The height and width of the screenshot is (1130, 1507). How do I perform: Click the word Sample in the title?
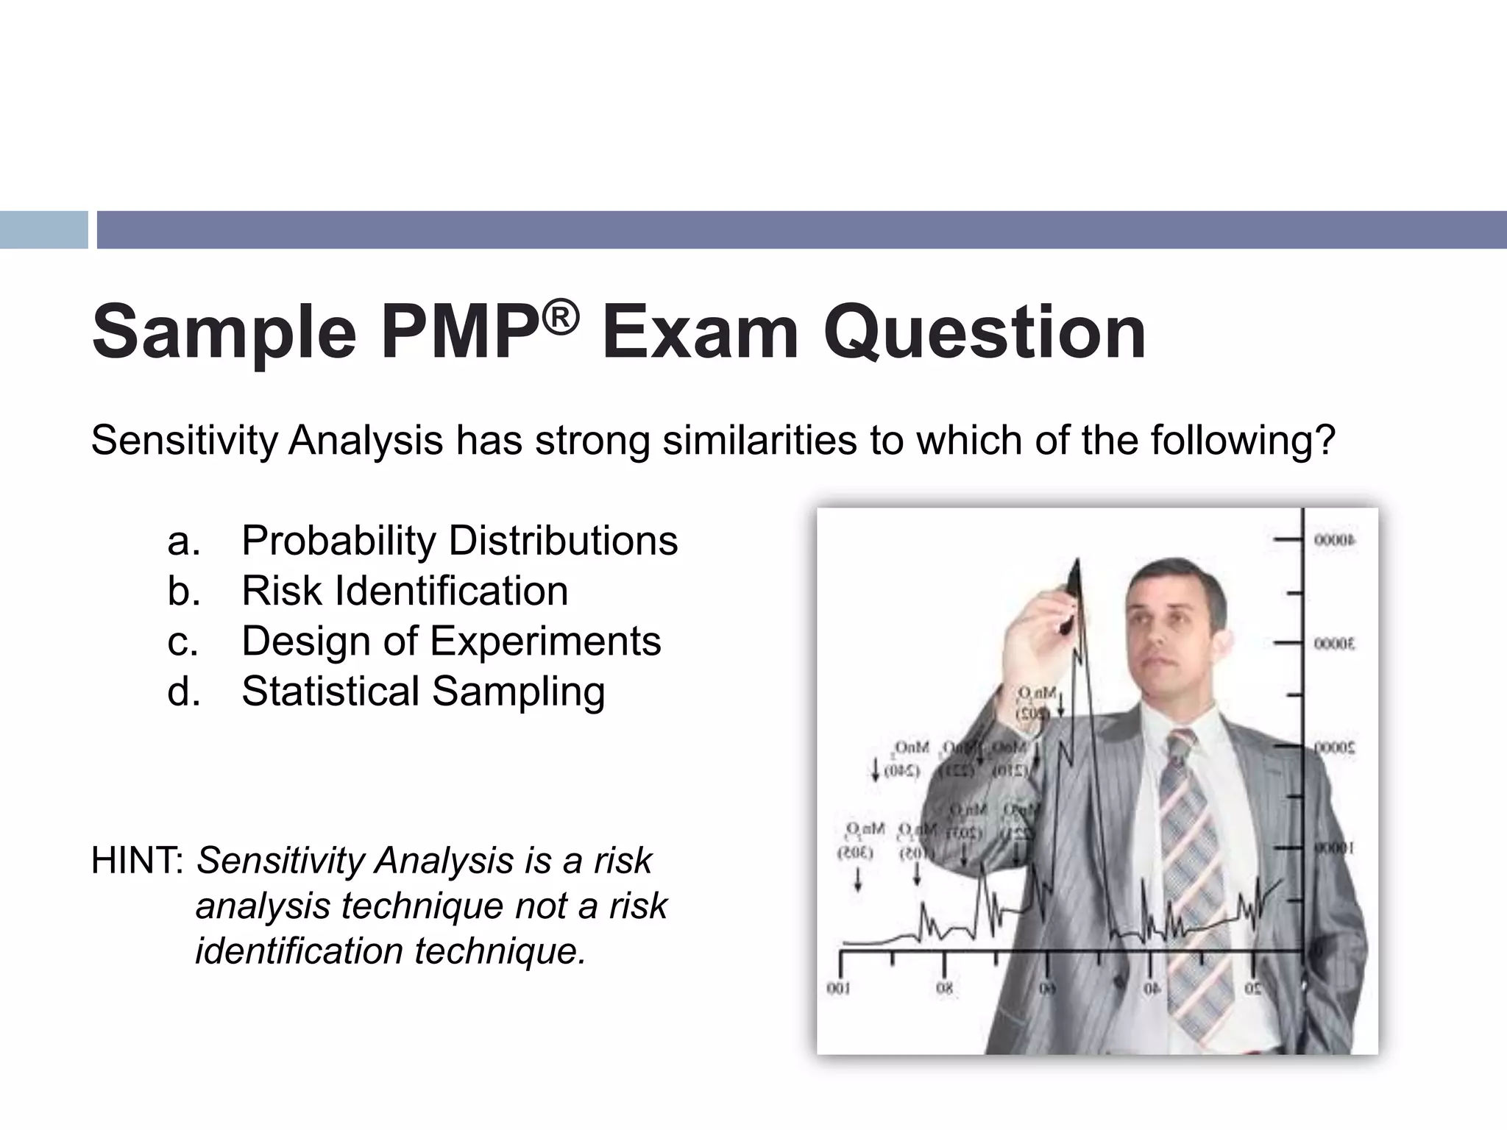click(x=224, y=333)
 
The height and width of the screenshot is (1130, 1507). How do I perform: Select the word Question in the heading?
click(x=984, y=333)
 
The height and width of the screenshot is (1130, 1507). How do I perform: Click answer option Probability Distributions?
click(x=459, y=541)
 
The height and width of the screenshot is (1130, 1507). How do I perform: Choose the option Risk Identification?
click(x=405, y=591)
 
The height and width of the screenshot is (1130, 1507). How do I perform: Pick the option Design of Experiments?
click(x=451, y=641)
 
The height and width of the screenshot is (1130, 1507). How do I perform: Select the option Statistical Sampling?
click(x=423, y=692)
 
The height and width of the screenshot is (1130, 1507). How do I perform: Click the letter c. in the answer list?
click(x=183, y=641)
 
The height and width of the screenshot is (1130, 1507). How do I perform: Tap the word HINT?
click(x=137, y=861)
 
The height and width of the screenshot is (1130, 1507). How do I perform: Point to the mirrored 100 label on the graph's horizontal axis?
click(x=838, y=989)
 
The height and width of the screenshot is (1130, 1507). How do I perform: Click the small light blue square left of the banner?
click(x=43, y=230)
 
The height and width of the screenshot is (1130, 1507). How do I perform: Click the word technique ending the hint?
click(x=500, y=950)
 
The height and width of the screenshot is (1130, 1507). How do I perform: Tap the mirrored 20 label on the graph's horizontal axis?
click(x=1253, y=989)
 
